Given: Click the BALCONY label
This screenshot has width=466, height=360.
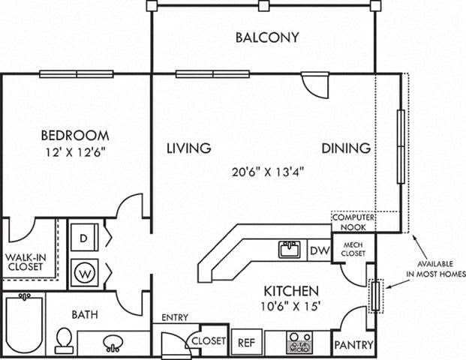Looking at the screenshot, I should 267,37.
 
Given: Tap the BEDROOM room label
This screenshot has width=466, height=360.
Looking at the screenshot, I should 74,136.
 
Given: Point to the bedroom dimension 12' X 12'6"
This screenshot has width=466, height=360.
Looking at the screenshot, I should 74,154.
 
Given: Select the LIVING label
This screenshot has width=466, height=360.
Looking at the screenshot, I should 188,148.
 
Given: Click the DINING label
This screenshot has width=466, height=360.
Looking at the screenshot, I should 346,148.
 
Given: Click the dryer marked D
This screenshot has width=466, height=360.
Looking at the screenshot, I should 84,237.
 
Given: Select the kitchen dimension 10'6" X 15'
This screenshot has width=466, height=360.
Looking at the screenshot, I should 291,307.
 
